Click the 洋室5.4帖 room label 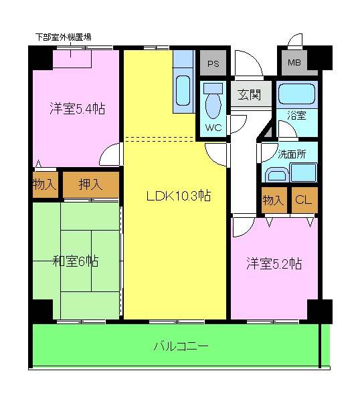click(76, 108)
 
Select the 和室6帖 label click(76, 261)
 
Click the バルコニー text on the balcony click(181, 346)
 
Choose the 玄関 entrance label click(249, 94)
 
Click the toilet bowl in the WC click(213, 104)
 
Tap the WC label click(213, 127)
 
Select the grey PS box click(213, 65)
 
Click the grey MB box click(294, 63)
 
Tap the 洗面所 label click(292, 153)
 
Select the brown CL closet click(303, 199)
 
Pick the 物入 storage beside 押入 click(44, 184)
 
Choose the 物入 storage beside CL click(273, 199)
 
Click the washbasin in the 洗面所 click(275, 176)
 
